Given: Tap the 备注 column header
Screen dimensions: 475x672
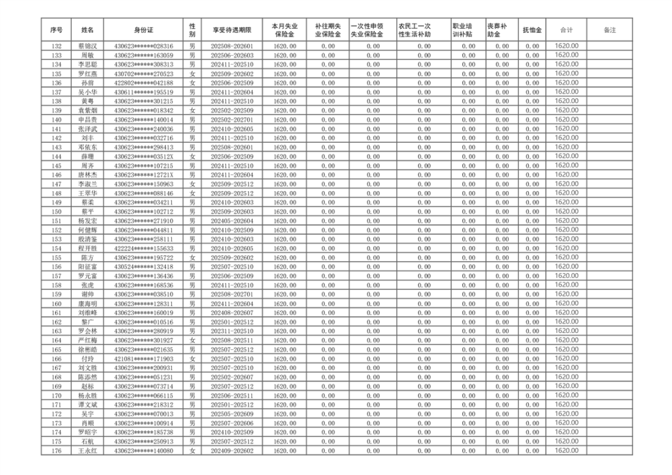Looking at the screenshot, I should [x=610, y=30].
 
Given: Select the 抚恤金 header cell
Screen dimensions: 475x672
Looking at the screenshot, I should [x=532, y=30].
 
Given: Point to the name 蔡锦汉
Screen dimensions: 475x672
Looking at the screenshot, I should [x=87, y=46].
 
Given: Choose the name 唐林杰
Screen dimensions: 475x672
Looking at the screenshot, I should [x=87, y=174].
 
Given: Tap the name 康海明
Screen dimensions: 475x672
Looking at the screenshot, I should [x=87, y=303].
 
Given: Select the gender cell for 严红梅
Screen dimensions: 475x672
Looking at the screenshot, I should [x=192, y=340].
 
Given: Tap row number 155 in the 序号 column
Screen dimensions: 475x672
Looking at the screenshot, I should [x=56, y=257].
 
